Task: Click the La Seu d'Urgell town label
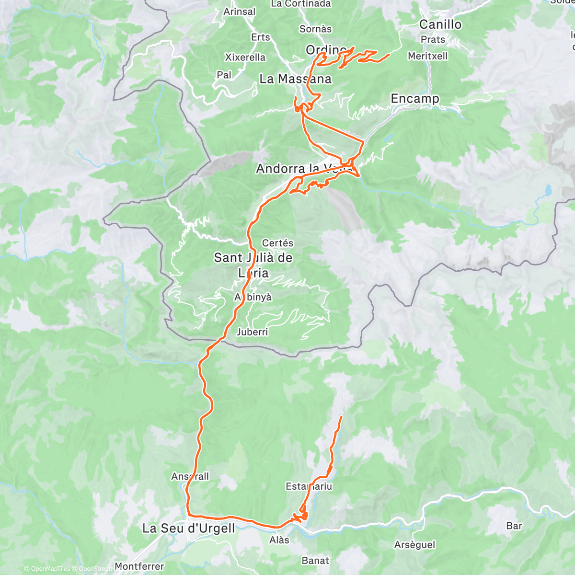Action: pyautogui.click(x=189, y=529)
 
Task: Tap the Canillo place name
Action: pyautogui.click(x=440, y=24)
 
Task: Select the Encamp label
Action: pyautogui.click(x=415, y=99)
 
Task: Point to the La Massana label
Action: pyautogui.click(x=295, y=79)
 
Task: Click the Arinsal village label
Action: pyautogui.click(x=239, y=11)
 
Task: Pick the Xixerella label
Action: pyautogui.click(x=245, y=57)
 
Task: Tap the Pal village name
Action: pyautogui.click(x=224, y=75)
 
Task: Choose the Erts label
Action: pyautogui.click(x=261, y=37)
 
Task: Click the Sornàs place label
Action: pyautogui.click(x=315, y=29)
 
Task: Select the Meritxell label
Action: pyautogui.click(x=428, y=56)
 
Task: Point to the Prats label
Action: pyautogui.click(x=433, y=40)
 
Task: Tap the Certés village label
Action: pyautogui.click(x=277, y=243)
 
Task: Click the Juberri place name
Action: pyautogui.click(x=253, y=332)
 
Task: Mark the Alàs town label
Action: pyautogui.click(x=279, y=540)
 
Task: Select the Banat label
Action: pyautogui.click(x=315, y=561)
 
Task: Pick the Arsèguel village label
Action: pyautogui.click(x=414, y=545)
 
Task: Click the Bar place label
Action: pyautogui.click(x=514, y=526)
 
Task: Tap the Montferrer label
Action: pyautogui.click(x=139, y=566)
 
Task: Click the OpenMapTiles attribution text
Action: pyautogui.click(x=50, y=569)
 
